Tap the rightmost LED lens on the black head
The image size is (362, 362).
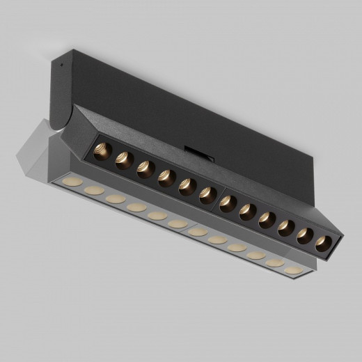point(323,244)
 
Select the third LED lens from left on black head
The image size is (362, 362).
point(145,168)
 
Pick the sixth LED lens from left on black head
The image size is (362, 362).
point(207,196)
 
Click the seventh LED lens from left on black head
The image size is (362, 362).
point(228,204)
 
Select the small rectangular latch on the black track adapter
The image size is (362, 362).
point(193,150)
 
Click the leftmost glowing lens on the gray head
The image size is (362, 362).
point(68,182)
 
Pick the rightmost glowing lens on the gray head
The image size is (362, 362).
point(295,269)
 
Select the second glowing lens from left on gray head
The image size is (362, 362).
point(93,189)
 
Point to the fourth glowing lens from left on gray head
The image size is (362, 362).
point(137,207)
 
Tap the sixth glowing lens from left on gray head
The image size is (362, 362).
point(178,223)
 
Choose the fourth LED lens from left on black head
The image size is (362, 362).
point(166,178)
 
